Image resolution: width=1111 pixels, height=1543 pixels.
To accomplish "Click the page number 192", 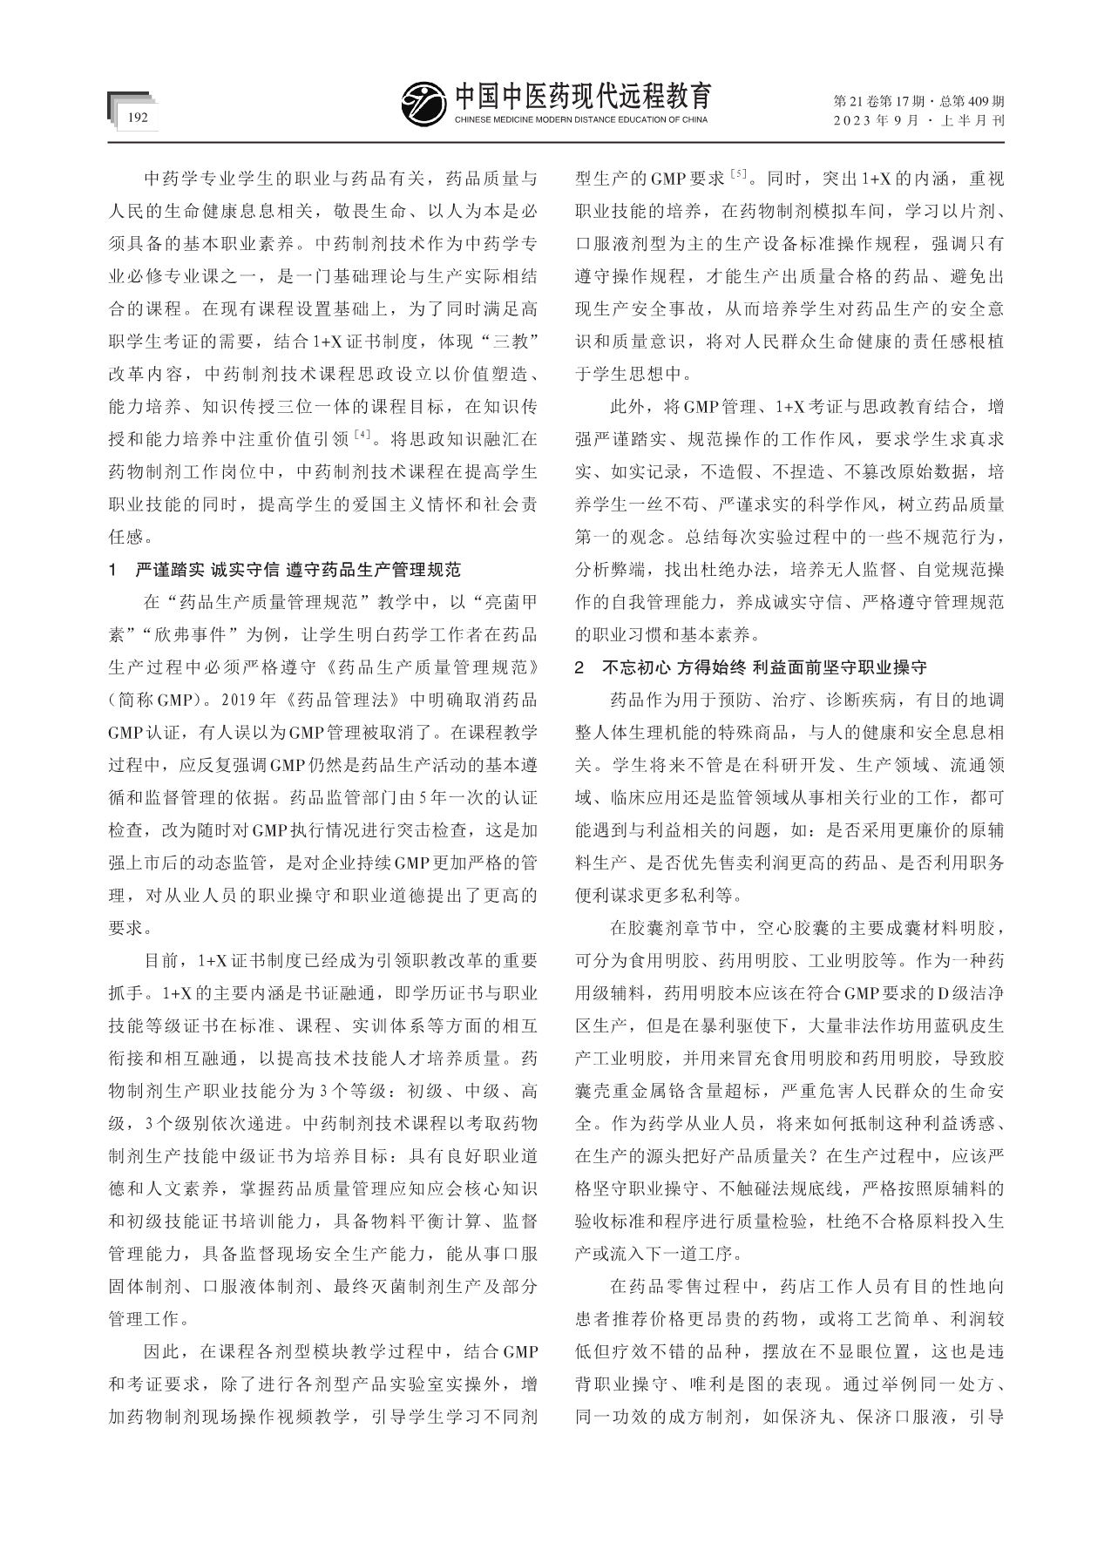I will click(139, 118).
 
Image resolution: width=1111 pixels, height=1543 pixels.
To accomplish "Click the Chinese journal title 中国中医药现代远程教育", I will click(582, 95).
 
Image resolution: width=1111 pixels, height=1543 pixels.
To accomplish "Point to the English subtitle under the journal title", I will click(581, 119).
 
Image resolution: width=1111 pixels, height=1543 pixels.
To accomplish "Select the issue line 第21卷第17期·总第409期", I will click(919, 101).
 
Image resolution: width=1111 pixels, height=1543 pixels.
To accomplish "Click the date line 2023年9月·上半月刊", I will click(919, 121).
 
